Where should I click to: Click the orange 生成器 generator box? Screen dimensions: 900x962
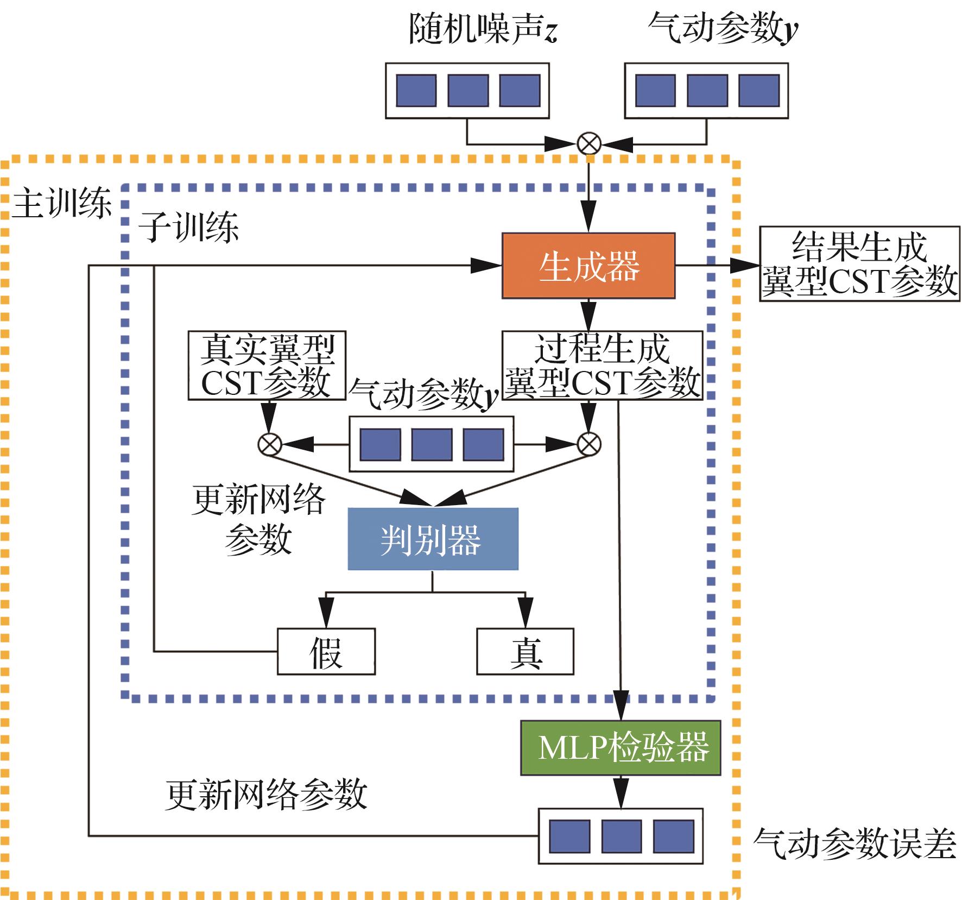tap(588, 266)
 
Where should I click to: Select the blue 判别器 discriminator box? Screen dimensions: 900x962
tap(433, 539)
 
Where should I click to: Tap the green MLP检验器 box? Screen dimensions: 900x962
tap(621, 747)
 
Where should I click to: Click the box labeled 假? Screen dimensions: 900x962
tap(326, 651)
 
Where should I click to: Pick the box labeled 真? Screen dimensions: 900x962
tap(525, 651)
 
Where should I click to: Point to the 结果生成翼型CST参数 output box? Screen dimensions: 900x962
tap(859, 264)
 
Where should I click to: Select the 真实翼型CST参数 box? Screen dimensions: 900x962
tap(267, 366)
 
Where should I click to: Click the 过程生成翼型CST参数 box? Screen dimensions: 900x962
tap(602, 366)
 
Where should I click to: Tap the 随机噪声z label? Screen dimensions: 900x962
tap(483, 28)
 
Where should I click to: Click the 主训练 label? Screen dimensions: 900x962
tap(61, 204)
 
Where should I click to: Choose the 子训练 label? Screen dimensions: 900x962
tap(188, 227)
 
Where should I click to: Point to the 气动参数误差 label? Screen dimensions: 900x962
tap(855, 844)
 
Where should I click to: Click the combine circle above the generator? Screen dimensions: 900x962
tap(588, 144)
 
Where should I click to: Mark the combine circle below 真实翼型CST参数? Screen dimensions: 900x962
tap(269, 444)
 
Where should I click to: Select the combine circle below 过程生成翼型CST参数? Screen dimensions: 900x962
tap(588, 444)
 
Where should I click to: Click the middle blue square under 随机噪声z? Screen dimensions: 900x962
tap(467, 91)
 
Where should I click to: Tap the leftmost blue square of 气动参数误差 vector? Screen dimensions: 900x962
tap(569, 836)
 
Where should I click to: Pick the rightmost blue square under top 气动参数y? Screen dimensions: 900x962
tap(759, 91)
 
